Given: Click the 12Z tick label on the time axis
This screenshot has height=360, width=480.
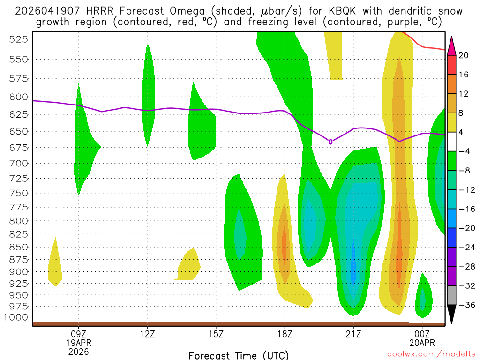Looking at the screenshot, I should click(147, 334).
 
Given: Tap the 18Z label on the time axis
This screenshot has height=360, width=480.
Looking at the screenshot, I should click(285, 334).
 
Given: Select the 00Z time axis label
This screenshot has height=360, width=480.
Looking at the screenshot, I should click(422, 334).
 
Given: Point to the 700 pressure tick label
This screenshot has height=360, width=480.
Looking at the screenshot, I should click(19, 163).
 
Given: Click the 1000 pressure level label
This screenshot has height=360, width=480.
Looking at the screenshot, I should click(16, 317).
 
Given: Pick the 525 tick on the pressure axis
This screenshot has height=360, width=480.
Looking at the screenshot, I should click(19, 39).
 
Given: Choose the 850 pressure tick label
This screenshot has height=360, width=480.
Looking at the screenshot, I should click(19, 247).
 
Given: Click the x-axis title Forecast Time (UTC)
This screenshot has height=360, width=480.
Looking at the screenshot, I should click(239, 355).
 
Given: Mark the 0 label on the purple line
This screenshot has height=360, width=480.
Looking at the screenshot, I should click(330, 142).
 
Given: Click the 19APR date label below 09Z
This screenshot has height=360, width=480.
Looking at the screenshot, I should click(78, 343).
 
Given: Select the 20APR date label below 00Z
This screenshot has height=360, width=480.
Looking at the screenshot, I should click(422, 343).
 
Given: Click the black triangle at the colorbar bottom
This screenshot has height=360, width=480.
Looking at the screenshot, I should click(451, 314).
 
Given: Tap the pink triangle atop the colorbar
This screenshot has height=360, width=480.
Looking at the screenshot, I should click(451, 44).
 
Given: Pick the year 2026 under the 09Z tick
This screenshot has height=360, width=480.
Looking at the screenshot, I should click(78, 351).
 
